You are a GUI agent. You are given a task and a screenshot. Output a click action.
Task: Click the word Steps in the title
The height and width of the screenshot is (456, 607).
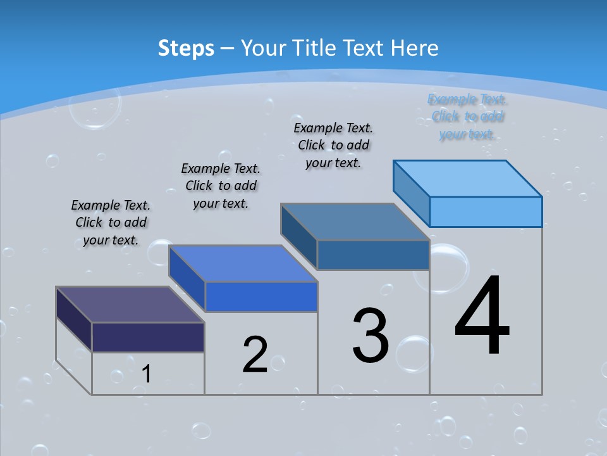[185, 48]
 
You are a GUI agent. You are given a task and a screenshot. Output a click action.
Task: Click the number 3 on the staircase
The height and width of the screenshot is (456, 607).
[371, 336]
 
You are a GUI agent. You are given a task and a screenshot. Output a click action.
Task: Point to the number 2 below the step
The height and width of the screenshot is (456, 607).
[255, 354]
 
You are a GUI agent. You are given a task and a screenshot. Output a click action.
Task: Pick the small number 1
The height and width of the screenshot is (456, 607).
[147, 374]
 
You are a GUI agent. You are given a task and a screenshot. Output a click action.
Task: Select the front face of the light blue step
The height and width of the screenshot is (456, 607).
[486, 212]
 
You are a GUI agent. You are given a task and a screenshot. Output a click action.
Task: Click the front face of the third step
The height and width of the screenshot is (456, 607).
[373, 255]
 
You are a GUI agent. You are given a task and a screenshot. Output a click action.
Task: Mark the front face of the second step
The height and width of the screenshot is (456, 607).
[261, 296]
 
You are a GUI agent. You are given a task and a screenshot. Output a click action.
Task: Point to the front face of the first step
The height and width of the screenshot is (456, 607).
[148, 337]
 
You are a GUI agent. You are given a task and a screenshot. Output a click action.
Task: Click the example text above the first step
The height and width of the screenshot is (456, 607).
[111, 222]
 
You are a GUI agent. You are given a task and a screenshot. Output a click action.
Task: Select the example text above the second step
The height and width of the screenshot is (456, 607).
[221, 186]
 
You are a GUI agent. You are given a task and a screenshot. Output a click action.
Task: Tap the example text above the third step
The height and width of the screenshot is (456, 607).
[333, 145]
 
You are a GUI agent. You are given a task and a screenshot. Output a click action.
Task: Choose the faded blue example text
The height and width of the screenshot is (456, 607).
[467, 117]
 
